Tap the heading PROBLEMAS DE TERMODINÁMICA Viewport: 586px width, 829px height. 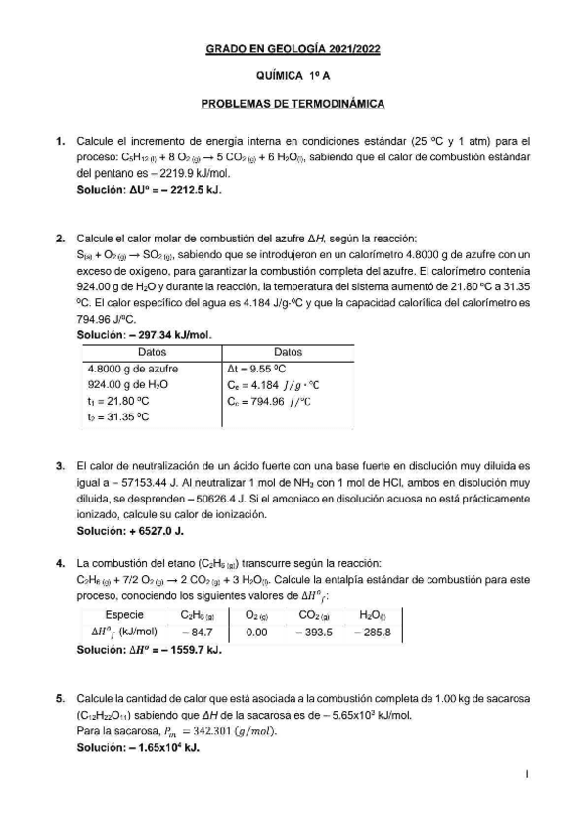293,102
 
